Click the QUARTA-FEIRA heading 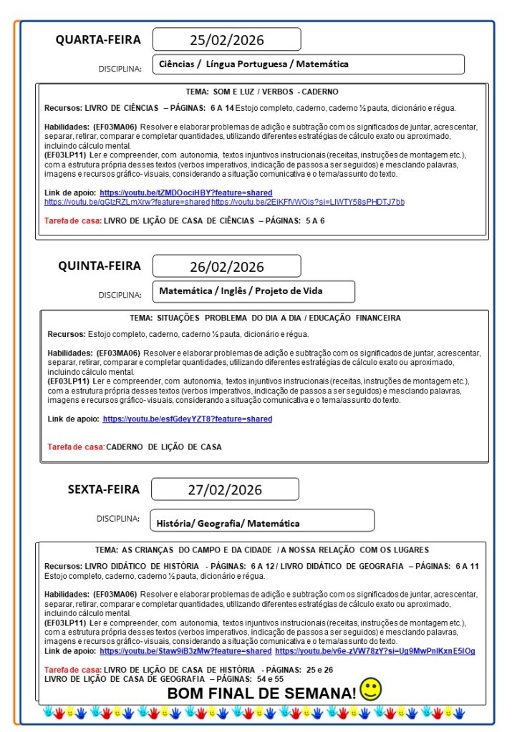(98, 40)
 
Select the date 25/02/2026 (226, 39)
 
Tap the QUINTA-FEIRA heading (100, 266)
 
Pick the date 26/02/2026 (226, 267)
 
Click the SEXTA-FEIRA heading (104, 490)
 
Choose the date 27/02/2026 (225, 490)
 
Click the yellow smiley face (371, 689)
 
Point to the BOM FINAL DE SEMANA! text (261, 693)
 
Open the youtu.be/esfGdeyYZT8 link (188, 419)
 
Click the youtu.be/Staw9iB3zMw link (185, 651)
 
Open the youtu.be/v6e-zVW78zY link (375, 651)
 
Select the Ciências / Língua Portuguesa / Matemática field (309, 64)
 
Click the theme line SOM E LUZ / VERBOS (261, 92)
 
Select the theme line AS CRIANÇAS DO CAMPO (261, 550)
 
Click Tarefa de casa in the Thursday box (76, 447)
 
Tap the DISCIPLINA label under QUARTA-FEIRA (120, 69)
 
